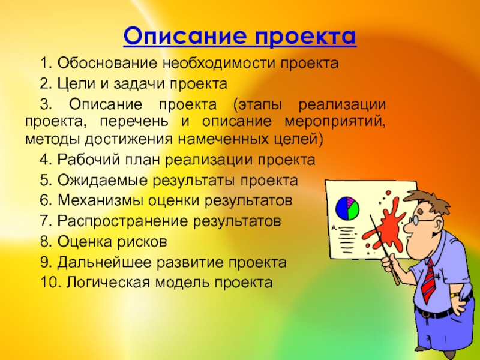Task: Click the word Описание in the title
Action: click(x=185, y=36)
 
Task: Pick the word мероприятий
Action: click(x=335, y=122)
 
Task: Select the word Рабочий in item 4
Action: click(x=88, y=160)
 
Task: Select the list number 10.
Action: click(x=52, y=282)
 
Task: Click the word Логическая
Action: click(x=109, y=283)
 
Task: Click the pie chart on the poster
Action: click(x=347, y=208)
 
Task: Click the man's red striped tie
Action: click(x=428, y=281)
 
